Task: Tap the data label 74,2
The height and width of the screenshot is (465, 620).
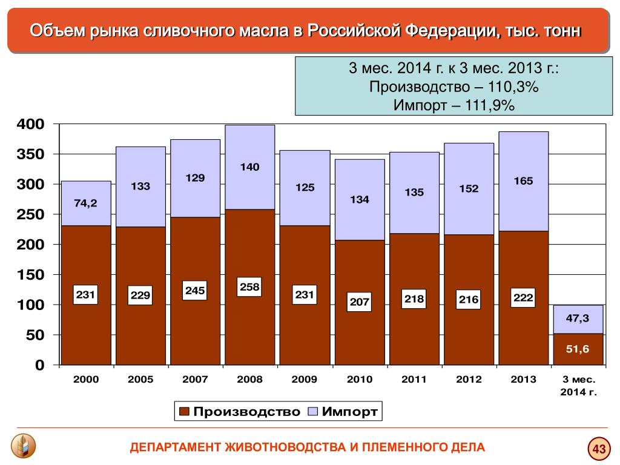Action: point(85,203)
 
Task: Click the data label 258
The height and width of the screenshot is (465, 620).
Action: point(249,287)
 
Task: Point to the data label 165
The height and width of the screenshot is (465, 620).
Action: point(523,181)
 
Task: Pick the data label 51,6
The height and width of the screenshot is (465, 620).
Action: point(578,349)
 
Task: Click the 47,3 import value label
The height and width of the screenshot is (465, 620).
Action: point(578,318)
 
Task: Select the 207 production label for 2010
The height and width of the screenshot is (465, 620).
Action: point(359,302)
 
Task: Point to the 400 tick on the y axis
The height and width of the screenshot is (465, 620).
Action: point(31,125)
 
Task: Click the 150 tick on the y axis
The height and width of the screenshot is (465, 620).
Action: point(31,275)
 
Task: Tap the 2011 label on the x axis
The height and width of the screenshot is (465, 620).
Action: point(414,380)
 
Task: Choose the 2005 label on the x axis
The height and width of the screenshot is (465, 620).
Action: point(140,380)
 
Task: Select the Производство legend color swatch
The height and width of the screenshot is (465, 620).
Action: point(184,412)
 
